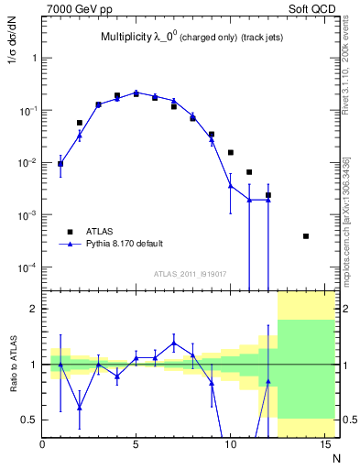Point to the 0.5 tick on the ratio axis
(29, 420)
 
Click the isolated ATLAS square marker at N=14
(305, 236)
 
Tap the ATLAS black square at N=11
(249, 172)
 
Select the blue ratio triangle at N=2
(80, 408)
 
